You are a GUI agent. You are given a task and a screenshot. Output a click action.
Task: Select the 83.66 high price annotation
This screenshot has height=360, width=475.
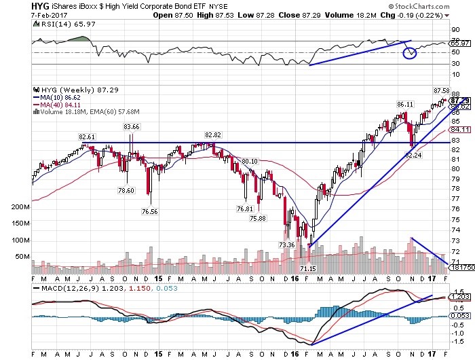(x=131, y=127)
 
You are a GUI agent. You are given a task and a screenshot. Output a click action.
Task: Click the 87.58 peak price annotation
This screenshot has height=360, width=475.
(x=442, y=90)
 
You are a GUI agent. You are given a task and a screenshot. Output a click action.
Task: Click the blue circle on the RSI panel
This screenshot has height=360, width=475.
(x=409, y=52)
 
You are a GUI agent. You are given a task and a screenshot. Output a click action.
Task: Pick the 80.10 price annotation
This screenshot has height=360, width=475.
(x=250, y=161)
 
